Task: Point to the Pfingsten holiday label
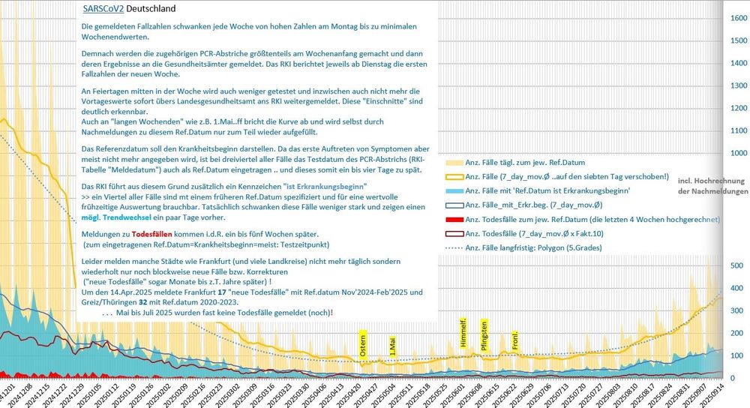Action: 484,334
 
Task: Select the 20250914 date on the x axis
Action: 721,391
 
